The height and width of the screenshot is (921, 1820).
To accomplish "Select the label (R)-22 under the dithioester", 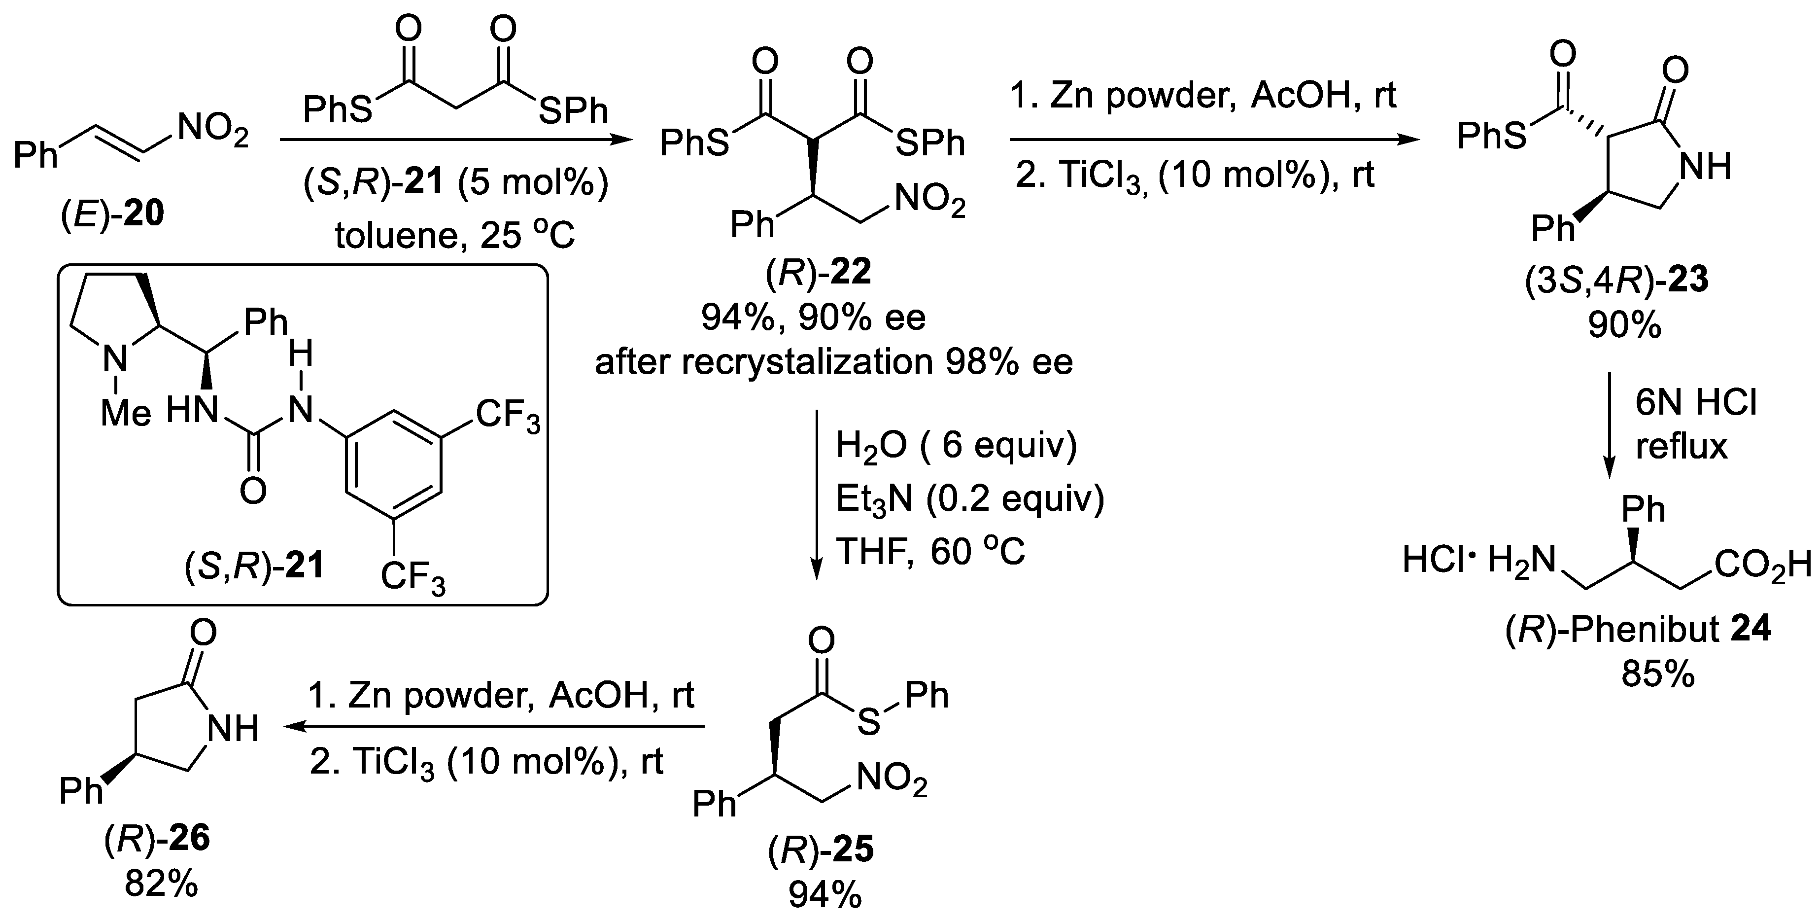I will click(x=818, y=272).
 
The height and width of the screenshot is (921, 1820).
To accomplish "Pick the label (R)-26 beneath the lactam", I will click(x=156, y=839).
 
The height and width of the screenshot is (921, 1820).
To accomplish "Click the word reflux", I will click(x=1682, y=447).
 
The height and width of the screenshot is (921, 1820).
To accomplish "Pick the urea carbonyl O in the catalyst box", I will click(x=252, y=491).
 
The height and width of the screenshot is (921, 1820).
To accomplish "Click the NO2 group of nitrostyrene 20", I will click(x=212, y=132).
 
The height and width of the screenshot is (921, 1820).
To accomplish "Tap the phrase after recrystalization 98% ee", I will click(x=834, y=362).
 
